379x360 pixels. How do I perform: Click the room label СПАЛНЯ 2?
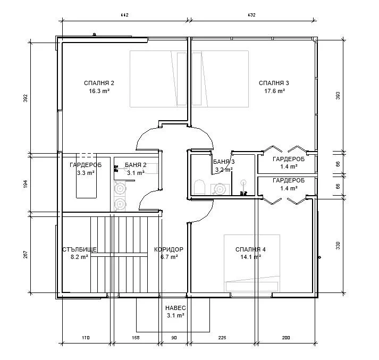pos(99,83)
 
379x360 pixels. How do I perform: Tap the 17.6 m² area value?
pos(275,91)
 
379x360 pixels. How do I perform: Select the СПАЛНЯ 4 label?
pos(250,249)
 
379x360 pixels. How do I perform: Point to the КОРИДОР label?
pos(169,249)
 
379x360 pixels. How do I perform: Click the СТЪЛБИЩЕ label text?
pos(80,249)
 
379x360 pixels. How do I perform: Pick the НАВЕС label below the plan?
pos(175,308)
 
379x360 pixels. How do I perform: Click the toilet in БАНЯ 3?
pos(200,187)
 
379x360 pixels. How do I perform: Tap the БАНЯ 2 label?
pos(136,165)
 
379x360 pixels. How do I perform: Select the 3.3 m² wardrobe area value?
pos(86,173)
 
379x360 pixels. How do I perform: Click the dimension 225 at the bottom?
pos(222,338)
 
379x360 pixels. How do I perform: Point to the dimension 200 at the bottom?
pos(286,338)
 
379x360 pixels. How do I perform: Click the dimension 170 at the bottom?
pos(86,338)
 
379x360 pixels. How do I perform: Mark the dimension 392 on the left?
pos(26,98)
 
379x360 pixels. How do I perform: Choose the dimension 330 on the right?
pos(338,245)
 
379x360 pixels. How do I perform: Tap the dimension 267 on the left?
pos(26,255)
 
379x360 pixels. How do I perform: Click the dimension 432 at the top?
pos(251,15)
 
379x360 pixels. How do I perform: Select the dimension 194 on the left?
pos(26,184)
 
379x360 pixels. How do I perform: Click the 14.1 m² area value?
pos(251,257)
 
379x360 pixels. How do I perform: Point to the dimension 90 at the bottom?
pos(174,338)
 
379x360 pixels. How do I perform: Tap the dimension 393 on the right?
pos(338,95)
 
